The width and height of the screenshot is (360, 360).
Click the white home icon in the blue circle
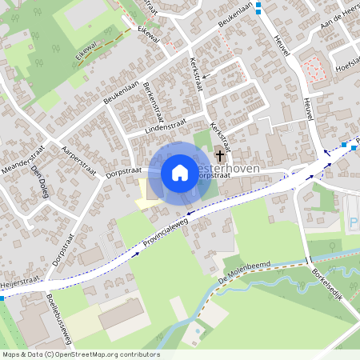(x=180, y=172)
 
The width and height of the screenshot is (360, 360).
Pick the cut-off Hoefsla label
(x=346, y=67)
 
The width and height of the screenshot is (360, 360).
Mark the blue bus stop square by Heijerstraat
(x=2, y=298)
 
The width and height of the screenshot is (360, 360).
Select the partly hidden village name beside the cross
(x=256, y=170)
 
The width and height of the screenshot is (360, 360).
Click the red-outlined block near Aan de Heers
(x=314, y=70)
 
